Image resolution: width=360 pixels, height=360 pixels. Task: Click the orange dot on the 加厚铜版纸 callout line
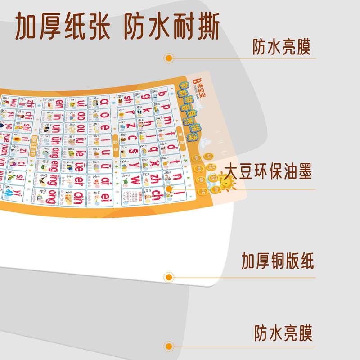pos(169,276)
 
